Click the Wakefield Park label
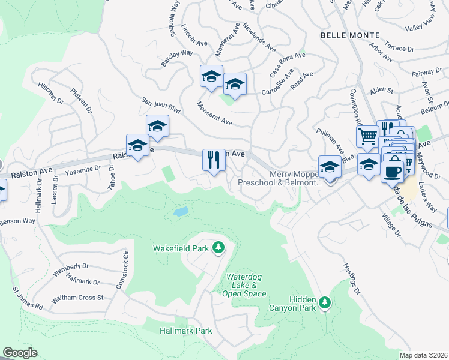point(181,248)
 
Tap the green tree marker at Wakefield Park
point(220,248)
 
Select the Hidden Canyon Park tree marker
point(325,302)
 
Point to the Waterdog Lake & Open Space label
point(246,285)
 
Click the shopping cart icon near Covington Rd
point(367,136)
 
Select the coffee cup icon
point(392,171)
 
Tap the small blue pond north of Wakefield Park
point(180,212)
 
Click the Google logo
point(20,352)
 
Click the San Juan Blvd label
point(160,106)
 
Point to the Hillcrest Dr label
point(51,94)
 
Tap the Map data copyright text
point(424,355)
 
